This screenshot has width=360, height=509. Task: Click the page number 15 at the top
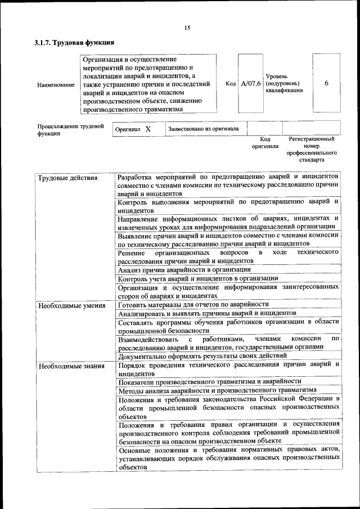187,28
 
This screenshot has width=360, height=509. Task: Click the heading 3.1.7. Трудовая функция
75,42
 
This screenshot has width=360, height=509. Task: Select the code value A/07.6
250,84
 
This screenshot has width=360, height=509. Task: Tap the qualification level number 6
327,83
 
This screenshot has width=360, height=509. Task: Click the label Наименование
56,84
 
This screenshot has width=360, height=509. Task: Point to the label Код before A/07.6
231,84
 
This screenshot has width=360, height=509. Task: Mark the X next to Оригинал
148,129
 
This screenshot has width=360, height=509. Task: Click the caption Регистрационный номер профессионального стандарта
311,149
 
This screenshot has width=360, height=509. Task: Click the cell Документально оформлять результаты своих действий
202,355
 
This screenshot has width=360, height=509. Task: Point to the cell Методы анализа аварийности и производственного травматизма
217,389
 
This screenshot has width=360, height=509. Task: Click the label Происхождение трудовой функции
71,130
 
